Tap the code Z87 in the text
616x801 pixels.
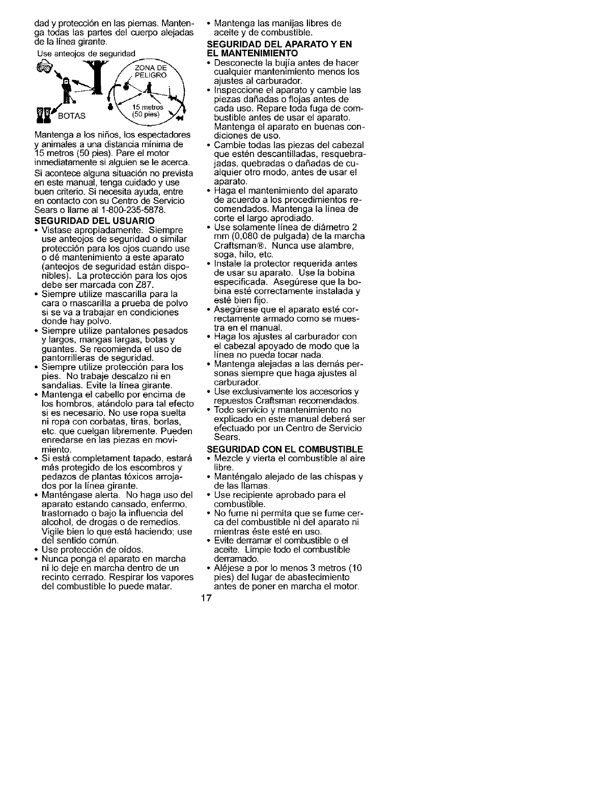click(145, 284)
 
